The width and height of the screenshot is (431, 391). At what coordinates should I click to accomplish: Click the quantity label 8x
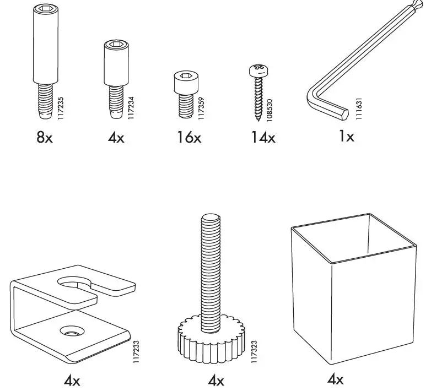tap(45, 137)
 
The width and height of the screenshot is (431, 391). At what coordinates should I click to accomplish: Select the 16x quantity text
tap(189, 137)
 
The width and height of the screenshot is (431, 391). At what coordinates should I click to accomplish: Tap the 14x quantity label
tap(262, 137)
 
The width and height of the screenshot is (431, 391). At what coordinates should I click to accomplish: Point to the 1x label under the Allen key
tap(346, 136)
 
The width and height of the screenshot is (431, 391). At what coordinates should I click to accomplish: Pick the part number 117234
tap(131, 105)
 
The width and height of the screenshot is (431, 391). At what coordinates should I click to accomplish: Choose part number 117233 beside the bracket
tap(136, 350)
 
